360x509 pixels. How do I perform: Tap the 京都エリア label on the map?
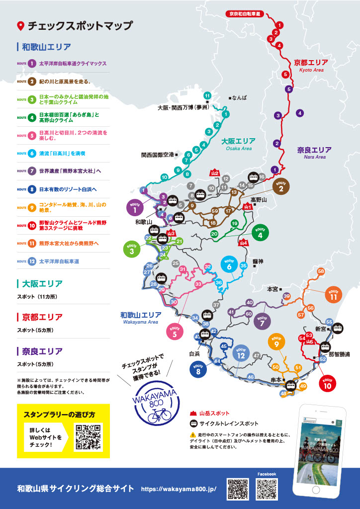point(311,63)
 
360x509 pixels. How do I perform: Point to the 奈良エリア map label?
point(314,150)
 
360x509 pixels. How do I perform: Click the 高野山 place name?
point(259,199)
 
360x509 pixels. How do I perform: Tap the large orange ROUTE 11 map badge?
point(334,295)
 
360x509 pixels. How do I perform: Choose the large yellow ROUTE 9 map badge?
point(276,342)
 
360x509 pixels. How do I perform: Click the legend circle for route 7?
point(32,171)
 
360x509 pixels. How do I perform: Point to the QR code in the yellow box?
point(88,437)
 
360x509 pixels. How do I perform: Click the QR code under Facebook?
point(267,489)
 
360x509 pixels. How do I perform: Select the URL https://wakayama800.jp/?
point(179,489)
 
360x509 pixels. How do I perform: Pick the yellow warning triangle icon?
point(193,434)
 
